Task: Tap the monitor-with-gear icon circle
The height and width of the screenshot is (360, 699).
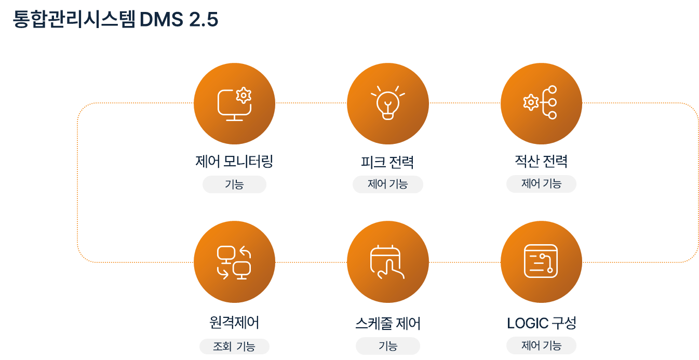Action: pos(234,103)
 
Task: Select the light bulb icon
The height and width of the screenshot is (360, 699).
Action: pos(387,103)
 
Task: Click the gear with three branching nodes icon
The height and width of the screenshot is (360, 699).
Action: pos(541,103)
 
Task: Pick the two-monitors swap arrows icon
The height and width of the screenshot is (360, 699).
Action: pos(234,262)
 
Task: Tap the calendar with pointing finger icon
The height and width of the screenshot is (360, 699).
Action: pos(387,262)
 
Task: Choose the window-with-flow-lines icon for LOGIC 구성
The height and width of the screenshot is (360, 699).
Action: pos(541,262)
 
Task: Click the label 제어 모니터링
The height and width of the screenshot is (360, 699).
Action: pos(234,162)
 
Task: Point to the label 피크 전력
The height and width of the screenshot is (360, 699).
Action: pos(387,162)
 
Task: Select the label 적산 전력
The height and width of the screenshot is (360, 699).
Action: pos(541,162)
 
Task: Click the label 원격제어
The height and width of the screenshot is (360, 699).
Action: pos(234,323)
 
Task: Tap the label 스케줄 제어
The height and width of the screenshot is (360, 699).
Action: pos(387,324)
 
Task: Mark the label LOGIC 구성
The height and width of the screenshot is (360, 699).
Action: pos(541,323)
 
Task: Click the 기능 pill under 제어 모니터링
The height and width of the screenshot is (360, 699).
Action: pos(234,184)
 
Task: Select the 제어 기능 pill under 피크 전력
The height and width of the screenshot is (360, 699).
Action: pos(387,184)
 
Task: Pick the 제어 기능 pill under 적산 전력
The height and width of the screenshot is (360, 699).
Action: pos(541,184)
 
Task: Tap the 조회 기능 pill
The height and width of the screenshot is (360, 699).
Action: pos(234,346)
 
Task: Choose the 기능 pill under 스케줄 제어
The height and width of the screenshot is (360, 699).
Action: pos(387,346)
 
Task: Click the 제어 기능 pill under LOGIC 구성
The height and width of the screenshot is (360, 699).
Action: pos(541,345)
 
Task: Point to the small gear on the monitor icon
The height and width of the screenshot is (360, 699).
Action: pos(243,95)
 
